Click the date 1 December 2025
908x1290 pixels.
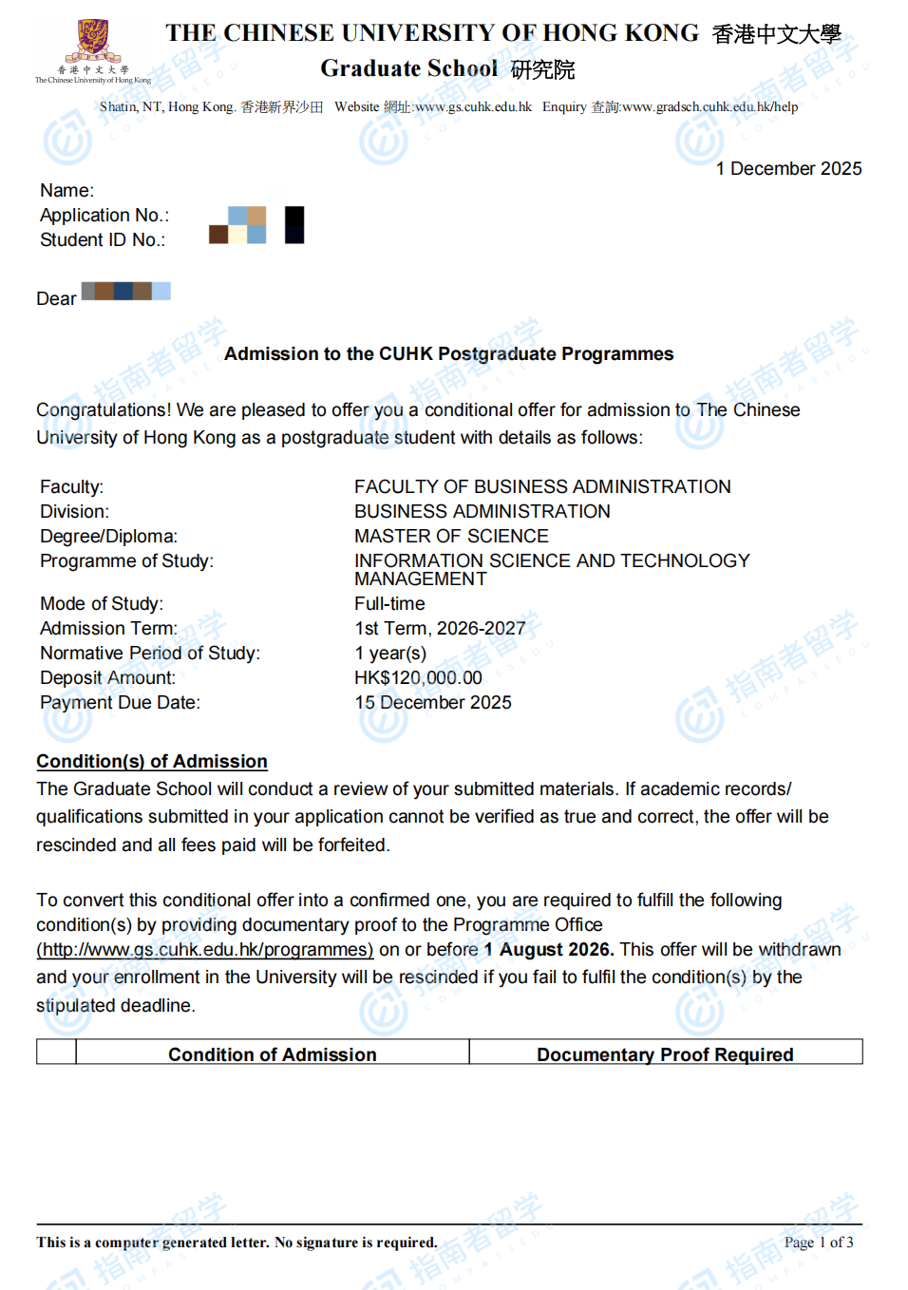[x=788, y=168]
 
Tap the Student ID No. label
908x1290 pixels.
[x=103, y=240]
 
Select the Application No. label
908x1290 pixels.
[x=104, y=216]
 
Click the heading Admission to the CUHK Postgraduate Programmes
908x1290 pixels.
[x=448, y=354]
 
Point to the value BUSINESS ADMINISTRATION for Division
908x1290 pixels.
[x=482, y=511]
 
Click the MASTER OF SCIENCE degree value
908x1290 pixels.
[x=451, y=536]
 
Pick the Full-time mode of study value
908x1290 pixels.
[x=389, y=603]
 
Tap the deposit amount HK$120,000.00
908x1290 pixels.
[x=418, y=677]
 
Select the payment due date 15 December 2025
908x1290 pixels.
[x=432, y=702]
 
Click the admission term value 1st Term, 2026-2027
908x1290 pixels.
[x=439, y=628]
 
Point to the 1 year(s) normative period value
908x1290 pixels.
[x=389, y=653]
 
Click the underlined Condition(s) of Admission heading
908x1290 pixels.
[x=152, y=761]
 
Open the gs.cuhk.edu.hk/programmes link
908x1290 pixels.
[x=205, y=950]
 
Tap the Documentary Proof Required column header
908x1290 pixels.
[x=665, y=1054]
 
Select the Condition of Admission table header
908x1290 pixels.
[x=272, y=1054]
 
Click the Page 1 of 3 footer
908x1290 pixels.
[x=818, y=1243]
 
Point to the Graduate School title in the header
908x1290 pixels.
[x=408, y=68]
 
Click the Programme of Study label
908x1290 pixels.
[x=126, y=560]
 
